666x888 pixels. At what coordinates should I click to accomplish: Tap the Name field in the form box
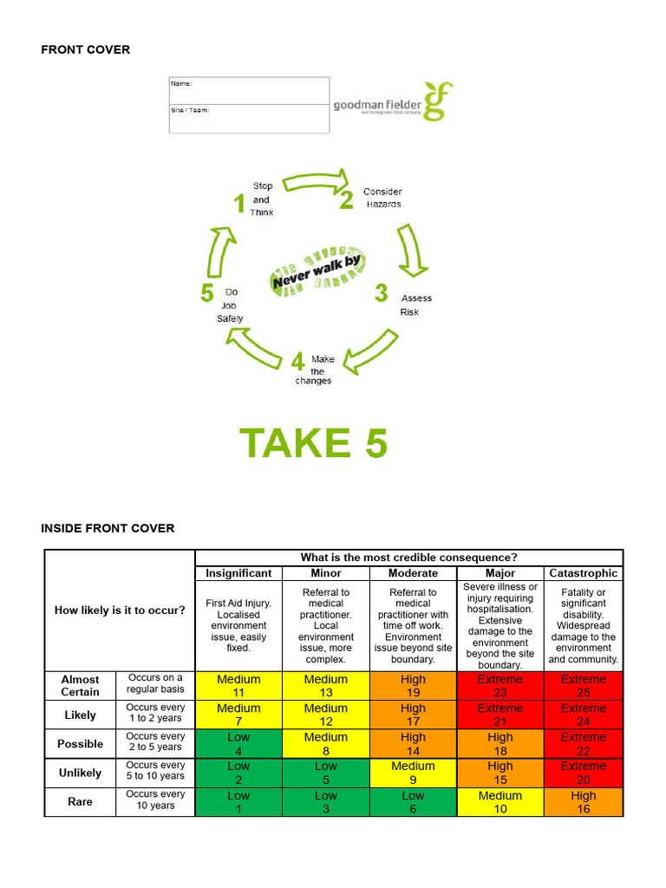click(249, 91)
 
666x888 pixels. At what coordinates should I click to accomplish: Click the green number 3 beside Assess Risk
click(381, 294)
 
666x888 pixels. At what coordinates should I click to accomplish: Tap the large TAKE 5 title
click(314, 443)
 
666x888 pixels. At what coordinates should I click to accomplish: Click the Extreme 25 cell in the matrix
click(584, 686)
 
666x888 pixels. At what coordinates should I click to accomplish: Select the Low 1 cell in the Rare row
click(238, 802)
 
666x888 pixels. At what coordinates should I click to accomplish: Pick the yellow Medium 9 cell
click(413, 773)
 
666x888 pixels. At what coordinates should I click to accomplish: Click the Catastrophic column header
click(584, 573)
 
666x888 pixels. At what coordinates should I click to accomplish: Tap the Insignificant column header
click(238, 573)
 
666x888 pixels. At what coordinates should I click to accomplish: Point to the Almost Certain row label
click(80, 686)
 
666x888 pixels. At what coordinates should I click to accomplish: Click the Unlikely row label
click(80, 773)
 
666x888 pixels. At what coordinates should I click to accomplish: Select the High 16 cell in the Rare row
click(584, 802)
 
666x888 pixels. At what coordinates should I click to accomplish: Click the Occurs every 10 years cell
click(155, 800)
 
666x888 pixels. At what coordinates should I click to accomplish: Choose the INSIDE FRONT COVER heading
click(108, 528)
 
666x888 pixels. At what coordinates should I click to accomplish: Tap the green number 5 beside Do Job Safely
click(207, 293)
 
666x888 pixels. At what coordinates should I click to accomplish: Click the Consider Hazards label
click(382, 198)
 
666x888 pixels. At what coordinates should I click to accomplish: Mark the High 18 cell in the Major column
click(500, 744)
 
